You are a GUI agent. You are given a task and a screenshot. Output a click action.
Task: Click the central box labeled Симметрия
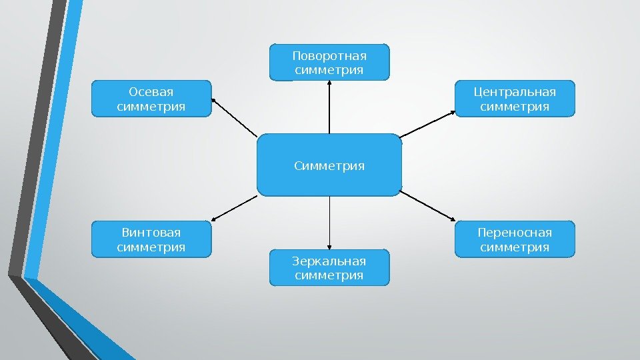[x=329, y=165]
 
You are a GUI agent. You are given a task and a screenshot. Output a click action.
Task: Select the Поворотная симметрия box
[x=329, y=62]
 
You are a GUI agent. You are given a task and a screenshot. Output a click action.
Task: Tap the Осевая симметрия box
[x=151, y=99]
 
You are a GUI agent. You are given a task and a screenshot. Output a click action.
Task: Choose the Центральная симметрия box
[x=514, y=99]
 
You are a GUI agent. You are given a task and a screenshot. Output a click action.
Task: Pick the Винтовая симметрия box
[x=151, y=239]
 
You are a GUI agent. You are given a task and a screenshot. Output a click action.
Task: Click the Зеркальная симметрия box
[x=329, y=267]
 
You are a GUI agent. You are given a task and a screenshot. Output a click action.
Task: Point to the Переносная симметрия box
[x=514, y=239]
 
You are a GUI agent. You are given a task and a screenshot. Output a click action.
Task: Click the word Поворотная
[x=329, y=55]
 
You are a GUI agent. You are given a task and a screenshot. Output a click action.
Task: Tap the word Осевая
[x=151, y=91]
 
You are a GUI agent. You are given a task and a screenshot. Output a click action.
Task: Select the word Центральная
[x=514, y=91]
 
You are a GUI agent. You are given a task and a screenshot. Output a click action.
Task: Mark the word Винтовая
[x=151, y=232]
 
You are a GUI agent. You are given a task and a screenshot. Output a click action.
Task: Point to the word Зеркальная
[x=329, y=260]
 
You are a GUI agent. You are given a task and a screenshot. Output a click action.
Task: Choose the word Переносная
[x=514, y=232]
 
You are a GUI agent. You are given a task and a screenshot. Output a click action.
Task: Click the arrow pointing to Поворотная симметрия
[x=329, y=107]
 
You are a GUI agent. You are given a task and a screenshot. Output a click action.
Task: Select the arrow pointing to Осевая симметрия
[x=235, y=118]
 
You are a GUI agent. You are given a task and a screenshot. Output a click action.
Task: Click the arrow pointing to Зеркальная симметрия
[x=329, y=222]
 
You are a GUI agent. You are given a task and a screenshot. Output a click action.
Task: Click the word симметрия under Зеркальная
[x=329, y=275]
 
